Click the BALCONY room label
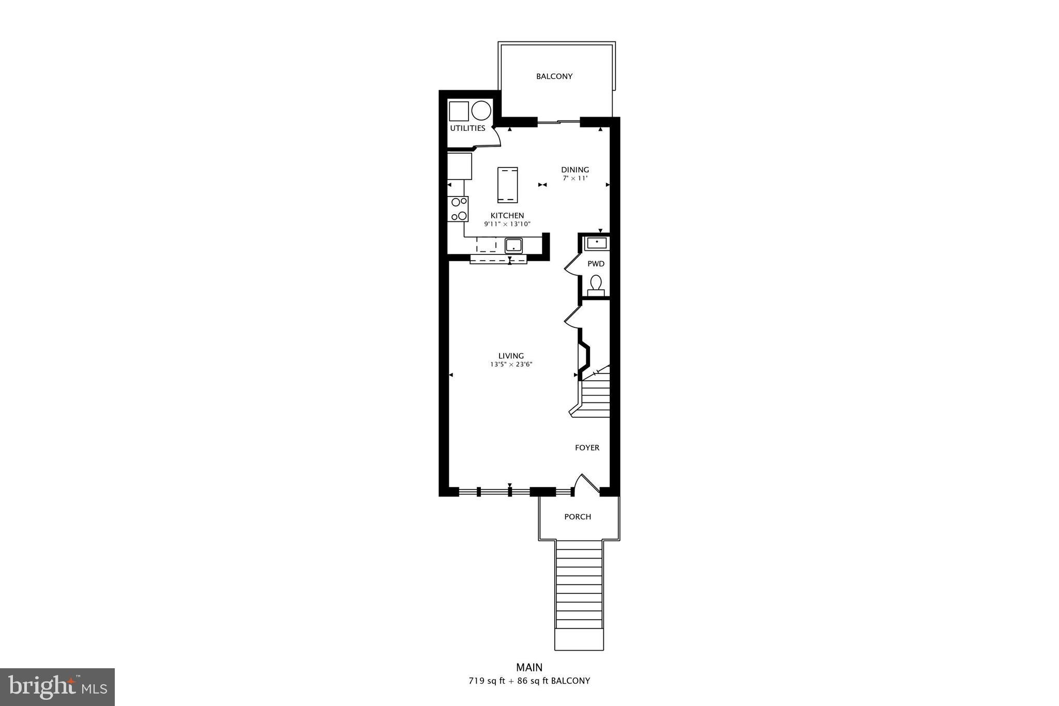point(554,77)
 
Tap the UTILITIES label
point(467,128)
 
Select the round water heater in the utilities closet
point(481,111)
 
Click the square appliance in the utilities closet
point(458,111)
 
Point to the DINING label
point(575,170)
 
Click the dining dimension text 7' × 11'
point(575,178)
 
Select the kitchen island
point(507,185)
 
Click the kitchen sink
point(514,245)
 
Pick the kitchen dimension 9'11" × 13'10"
point(507,224)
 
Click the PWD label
point(596,264)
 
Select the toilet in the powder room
point(596,285)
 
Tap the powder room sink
point(597,243)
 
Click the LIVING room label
point(511,356)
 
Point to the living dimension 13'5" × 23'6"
point(511,365)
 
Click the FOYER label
point(587,448)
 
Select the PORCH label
point(578,517)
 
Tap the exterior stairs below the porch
point(579,595)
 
